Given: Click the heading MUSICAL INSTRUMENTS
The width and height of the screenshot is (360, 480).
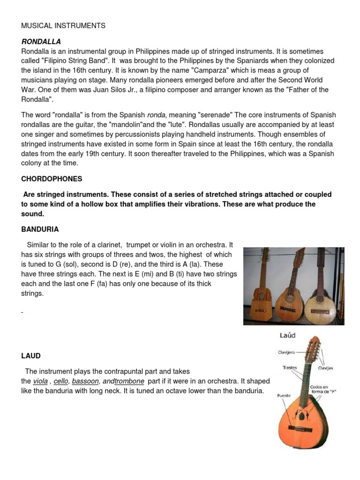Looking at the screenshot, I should coord(63,26).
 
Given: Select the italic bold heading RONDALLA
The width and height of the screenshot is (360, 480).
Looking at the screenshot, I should coord(41,42).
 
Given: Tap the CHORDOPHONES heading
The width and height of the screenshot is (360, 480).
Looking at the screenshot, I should coord(52,179).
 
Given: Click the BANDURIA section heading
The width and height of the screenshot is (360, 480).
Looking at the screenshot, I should coord(40,229).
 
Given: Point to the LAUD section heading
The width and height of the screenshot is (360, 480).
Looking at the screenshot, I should coord(31,356).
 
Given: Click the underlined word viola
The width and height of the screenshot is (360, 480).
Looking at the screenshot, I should coord(40,382).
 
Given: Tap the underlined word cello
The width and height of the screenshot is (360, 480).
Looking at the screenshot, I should coord(61,382).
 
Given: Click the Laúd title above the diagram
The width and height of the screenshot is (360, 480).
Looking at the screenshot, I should coord(287,336).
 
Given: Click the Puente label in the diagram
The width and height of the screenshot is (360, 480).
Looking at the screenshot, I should coord(284,395).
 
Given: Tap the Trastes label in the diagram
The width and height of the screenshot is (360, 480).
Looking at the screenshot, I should coord(290,368).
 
